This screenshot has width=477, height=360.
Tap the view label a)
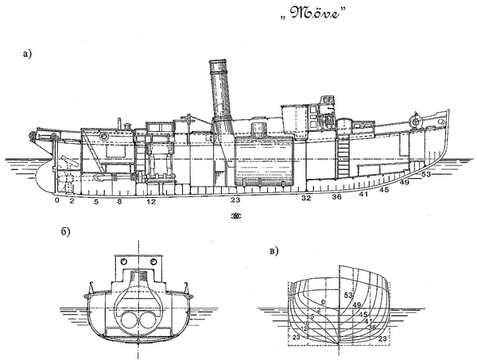(x=29, y=54)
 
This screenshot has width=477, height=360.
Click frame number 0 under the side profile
(x=57, y=202)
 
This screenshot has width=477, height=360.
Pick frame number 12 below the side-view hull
(x=150, y=202)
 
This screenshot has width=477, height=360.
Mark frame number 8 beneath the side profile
(x=119, y=202)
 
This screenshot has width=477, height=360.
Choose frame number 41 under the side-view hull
(x=363, y=193)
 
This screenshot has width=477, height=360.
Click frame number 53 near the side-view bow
(x=426, y=174)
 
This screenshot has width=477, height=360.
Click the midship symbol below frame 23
(x=235, y=216)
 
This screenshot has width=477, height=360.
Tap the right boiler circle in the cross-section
(x=149, y=319)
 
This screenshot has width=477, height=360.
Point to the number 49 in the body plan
(x=358, y=305)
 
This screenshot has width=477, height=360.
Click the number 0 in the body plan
(x=324, y=300)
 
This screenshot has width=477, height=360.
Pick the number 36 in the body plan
(x=371, y=327)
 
